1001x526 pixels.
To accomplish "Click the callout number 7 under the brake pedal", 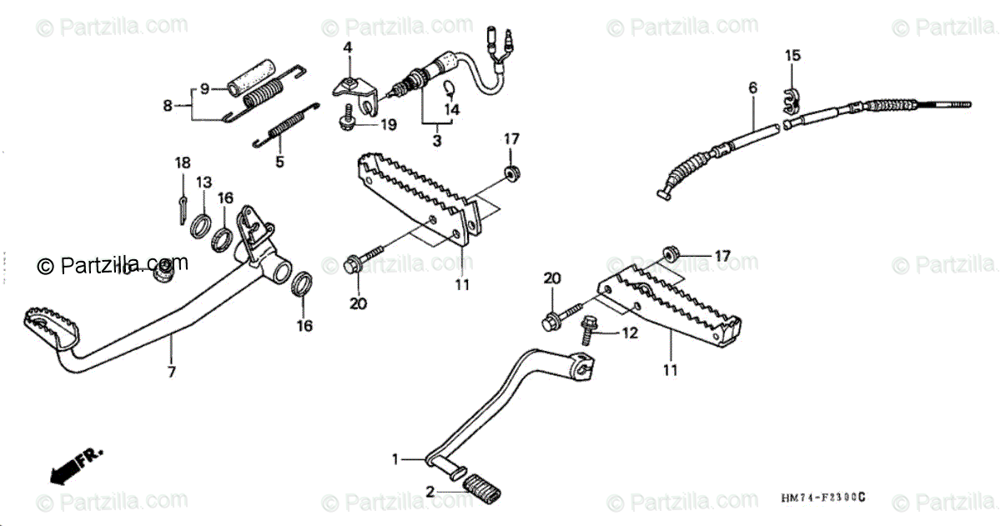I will (172, 373).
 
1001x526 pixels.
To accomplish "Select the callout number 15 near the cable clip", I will (792, 56).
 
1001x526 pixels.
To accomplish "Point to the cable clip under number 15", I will (790, 99).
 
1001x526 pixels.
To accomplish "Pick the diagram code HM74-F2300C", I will (822, 498).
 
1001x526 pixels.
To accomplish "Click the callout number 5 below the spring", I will (280, 162).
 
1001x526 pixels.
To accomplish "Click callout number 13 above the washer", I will (204, 182).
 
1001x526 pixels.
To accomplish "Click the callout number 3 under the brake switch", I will (436, 141).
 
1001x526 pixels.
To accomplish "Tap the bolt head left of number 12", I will (586, 333).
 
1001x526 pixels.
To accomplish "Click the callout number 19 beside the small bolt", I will (389, 125).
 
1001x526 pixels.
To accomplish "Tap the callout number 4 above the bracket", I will (349, 47).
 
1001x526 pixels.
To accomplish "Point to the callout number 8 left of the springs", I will (168, 106).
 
